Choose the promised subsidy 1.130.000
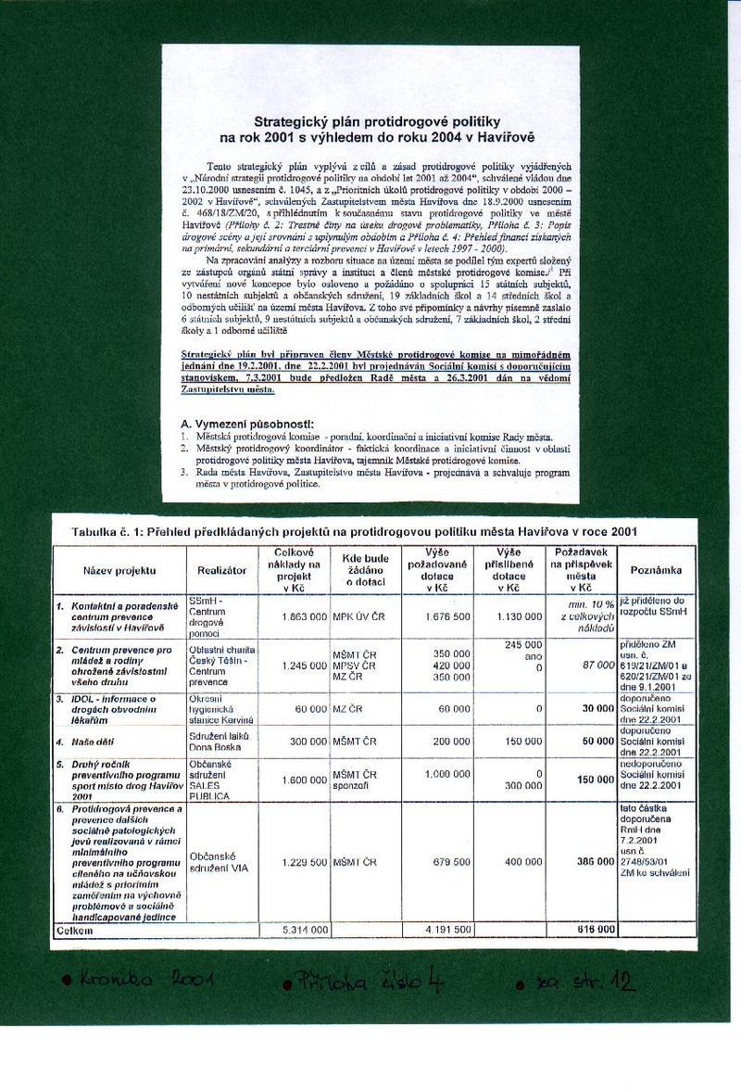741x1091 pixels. tap(515, 615)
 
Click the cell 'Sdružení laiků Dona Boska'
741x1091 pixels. tap(215, 742)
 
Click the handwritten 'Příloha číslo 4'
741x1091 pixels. tap(370, 981)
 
